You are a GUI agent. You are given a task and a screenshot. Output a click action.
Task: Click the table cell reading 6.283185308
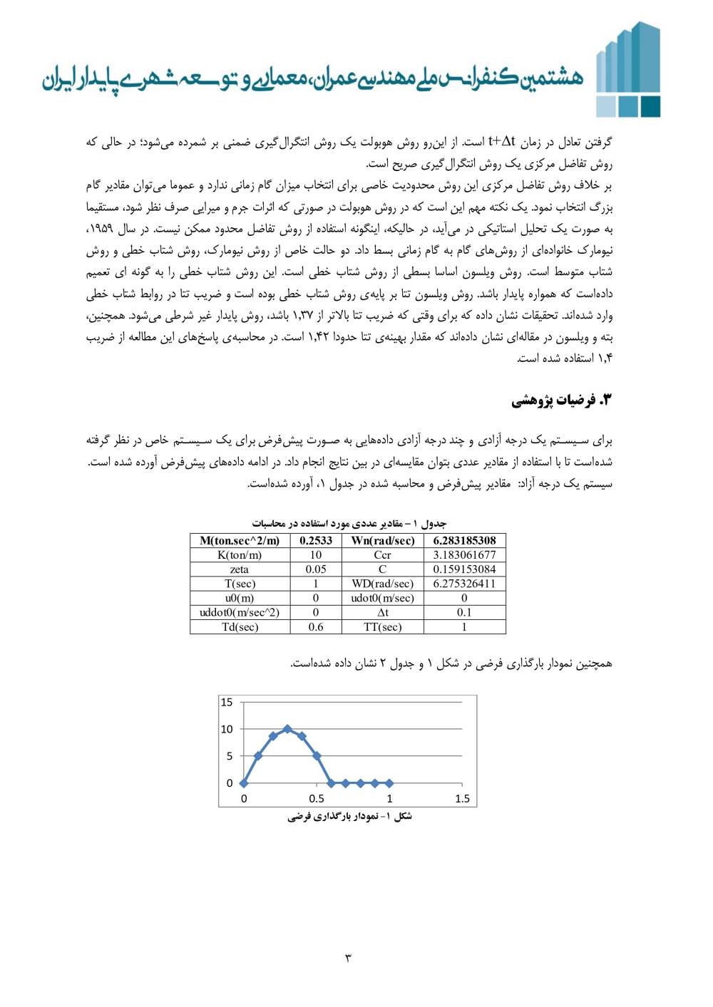464,540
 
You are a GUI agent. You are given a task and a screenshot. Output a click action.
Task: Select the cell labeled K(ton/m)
240,554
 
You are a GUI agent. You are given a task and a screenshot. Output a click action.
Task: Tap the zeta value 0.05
316,569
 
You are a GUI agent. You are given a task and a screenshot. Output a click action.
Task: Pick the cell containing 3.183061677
464,554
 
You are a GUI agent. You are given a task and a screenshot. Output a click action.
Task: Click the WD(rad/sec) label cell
382,584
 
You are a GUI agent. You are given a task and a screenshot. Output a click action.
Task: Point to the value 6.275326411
464,584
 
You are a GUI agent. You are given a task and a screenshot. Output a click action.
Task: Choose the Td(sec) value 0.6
316,627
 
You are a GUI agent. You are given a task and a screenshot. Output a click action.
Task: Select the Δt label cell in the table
382,612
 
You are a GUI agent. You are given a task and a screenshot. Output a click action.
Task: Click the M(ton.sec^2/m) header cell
240,540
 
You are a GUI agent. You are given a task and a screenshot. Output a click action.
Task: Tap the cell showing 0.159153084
464,569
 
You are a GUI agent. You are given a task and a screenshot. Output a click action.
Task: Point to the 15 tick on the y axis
227,702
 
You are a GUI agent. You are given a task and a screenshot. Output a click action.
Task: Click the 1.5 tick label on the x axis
462,798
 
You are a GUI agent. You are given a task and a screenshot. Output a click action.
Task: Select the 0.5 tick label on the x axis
317,798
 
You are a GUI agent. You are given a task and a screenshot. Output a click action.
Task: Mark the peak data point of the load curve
287,729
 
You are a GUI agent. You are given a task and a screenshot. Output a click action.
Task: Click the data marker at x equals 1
389,783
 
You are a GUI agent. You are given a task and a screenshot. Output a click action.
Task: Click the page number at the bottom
349,958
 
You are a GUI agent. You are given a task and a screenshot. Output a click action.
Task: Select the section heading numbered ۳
562,401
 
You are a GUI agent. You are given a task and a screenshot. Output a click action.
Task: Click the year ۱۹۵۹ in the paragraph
597,229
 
